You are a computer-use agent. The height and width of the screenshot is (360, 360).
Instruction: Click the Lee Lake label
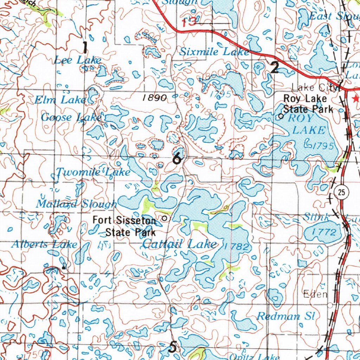pyautogui.click(x=78, y=60)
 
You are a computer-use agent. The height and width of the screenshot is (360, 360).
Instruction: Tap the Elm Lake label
pyautogui.click(x=60, y=100)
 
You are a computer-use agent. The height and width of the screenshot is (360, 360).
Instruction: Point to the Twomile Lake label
pyautogui.click(x=94, y=172)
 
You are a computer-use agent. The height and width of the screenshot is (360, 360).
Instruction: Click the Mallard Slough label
pyautogui.click(x=76, y=204)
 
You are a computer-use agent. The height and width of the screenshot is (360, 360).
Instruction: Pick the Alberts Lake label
pyautogui.click(x=44, y=244)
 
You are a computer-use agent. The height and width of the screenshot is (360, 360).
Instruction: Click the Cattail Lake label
pyautogui.click(x=179, y=244)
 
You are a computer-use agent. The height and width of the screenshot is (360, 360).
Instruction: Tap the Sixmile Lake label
pyautogui.click(x=214, y=52)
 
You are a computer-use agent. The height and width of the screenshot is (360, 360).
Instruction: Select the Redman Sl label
pyautogui.click(x=285, y=316)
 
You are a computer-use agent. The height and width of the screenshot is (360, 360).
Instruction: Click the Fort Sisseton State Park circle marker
pyautogui.click(x=165, y=219)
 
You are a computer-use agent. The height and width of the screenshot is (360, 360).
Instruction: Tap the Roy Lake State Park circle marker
pyautogui.click(x=281, y=116)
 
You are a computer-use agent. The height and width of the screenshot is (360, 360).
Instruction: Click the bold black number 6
pyautogui.click(x=178, y=159)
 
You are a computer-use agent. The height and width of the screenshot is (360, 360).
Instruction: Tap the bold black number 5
pyautogui.click(x=173, y=347)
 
